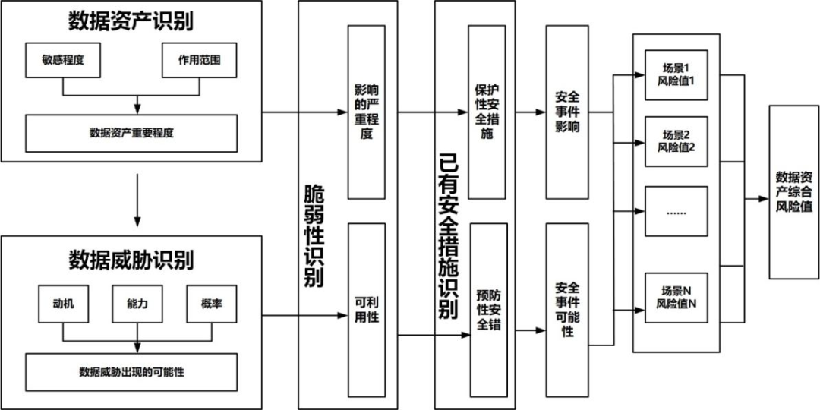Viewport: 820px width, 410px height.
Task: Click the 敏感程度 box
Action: click(63, 61)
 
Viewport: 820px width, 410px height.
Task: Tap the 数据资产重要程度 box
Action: click(131, 133)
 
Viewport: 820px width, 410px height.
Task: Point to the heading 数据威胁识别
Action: click(131, 260)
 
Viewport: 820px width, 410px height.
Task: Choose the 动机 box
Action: click(63, 305)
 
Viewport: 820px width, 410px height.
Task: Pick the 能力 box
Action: click(137, 305)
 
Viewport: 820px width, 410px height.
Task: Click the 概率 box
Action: click(212, 305)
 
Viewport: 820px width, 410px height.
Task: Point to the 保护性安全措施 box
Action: click(487, 112)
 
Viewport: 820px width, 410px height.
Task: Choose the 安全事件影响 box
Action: click(568, 112)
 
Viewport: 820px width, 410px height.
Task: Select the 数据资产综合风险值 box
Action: click(793, 191)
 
